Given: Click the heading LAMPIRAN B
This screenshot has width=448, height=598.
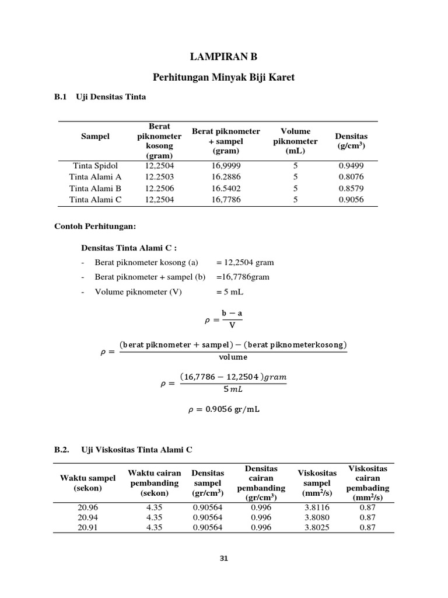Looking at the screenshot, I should tap(223, 57).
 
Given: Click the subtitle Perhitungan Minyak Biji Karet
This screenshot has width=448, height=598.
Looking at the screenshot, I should tap(223, 77).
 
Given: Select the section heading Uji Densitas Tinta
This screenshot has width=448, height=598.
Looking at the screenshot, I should tap(111, 97).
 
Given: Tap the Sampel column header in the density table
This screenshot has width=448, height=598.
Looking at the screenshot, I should tap(95, 136).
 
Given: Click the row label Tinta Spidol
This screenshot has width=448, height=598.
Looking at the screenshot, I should tap(95, 165).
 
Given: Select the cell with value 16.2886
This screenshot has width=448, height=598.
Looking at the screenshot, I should tap(226, 176).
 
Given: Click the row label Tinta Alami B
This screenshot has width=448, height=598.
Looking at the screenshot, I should tap(95, 188).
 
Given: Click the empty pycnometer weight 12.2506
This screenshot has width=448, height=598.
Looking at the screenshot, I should tap(159, 188).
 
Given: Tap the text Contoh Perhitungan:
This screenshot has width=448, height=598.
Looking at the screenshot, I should tap(94, 225).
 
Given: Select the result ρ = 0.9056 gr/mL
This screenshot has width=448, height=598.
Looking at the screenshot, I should tap(223, 409).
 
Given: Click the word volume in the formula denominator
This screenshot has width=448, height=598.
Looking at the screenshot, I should tap(233, 357).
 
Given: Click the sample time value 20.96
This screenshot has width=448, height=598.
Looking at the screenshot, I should tap(89, 507).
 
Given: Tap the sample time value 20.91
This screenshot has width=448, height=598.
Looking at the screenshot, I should tap(89, 527).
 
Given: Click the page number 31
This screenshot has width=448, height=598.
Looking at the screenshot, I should tap(223, 558).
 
